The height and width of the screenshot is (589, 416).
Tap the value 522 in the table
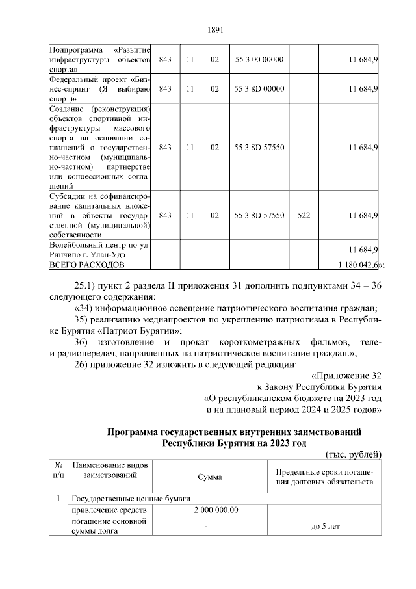[304, 215]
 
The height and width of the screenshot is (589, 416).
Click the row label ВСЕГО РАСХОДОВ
[86, 265]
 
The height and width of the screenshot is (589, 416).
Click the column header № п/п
[58, 471]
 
